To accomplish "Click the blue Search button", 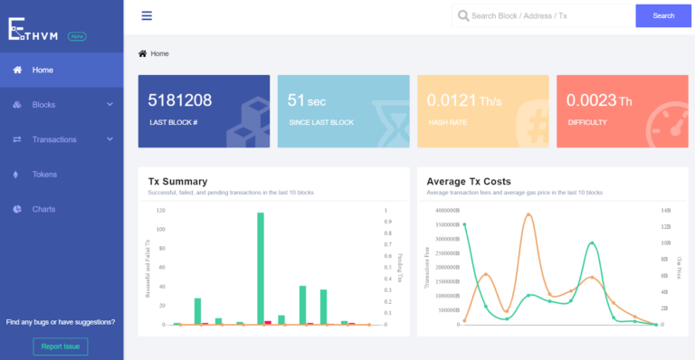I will (663, 15).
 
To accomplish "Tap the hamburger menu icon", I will (147, 15).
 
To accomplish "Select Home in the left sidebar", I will (43, 70).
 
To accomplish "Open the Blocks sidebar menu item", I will (43, 105).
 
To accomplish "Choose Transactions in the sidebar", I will (54, 139).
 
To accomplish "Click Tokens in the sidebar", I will (44, 175).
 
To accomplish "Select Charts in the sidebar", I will (43, 209).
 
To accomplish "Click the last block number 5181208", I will (179, 100).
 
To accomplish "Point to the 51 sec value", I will (306, 100).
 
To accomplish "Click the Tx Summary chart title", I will (177, 181).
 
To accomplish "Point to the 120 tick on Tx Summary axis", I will (160, 210).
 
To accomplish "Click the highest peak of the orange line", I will (529, 214).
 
